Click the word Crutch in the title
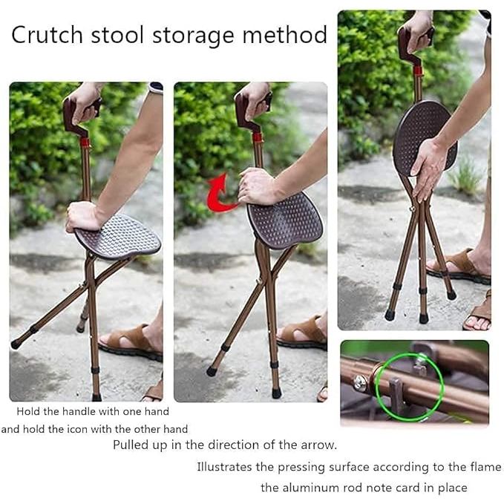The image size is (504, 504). point(47,35)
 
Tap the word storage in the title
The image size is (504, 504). point(193,36)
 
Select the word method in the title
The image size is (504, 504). point(285,34)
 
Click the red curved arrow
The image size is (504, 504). point(221,194)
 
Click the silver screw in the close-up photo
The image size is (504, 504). point(360,383)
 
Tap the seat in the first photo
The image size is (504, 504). point(118,237)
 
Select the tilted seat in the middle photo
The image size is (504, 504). point(285,221)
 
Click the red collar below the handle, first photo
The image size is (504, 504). point(85,142)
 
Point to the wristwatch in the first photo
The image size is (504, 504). point(156,88)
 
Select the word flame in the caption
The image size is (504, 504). point(484,466)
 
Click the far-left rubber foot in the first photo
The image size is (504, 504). point(16,344)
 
